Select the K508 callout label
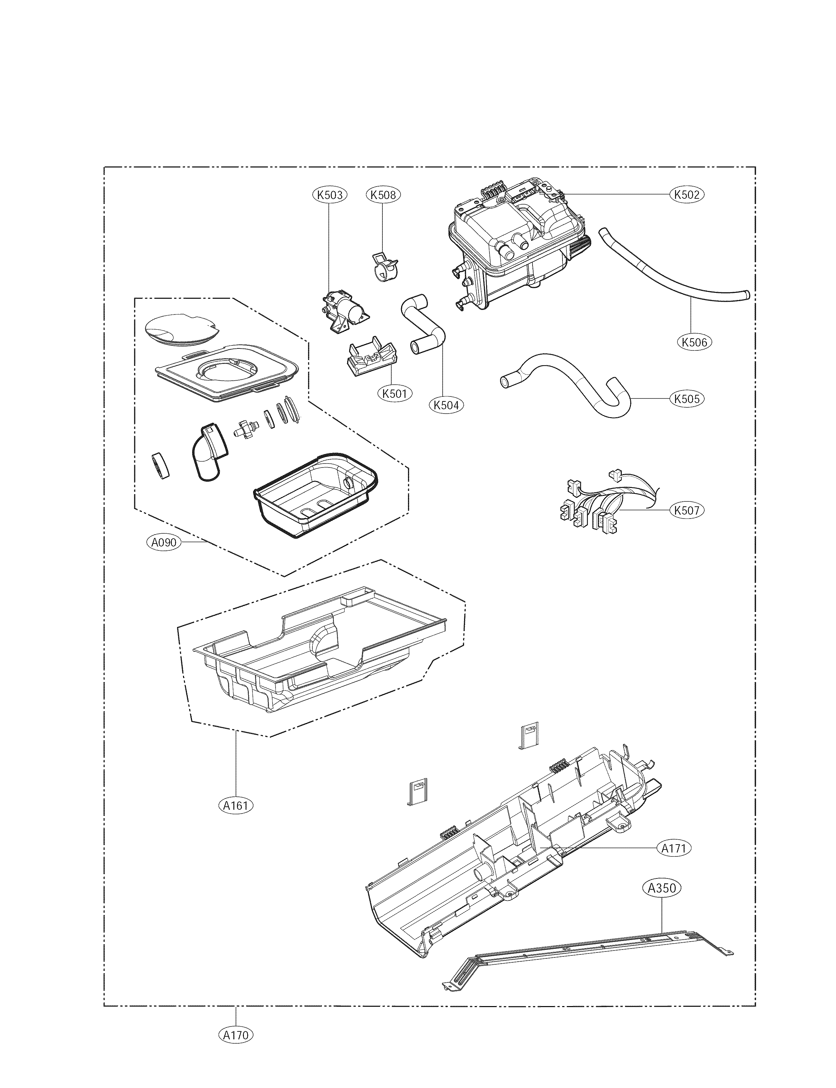pos(383,194)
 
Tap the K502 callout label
pos(687,194)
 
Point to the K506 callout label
pos(695,342)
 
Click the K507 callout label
pos(687,510)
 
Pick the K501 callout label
pos(395,393)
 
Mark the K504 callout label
pos(446,405)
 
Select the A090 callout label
pos(164,542)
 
